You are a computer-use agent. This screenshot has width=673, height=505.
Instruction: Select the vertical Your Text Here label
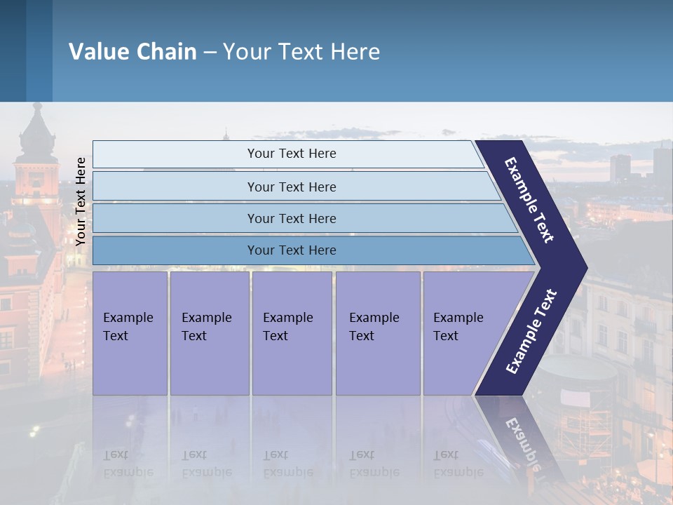(x=81, y=201)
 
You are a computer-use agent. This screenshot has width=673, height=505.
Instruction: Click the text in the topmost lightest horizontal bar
(x=292, y=154)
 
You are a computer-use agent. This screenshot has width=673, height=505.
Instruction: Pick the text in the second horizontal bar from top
(x=292, y=187)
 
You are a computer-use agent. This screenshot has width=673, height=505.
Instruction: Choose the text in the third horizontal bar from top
(x=292, y=219)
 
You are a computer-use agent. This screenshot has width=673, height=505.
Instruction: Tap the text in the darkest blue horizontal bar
(x=292, y=250)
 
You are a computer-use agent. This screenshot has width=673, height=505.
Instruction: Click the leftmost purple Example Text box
(x=130, y=333)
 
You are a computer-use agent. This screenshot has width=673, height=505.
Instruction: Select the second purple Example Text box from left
(x=209, y=333)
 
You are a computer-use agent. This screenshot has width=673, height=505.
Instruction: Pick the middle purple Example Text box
(x=292, y=333)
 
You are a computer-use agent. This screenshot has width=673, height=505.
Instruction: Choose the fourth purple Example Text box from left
(x=378, y=333)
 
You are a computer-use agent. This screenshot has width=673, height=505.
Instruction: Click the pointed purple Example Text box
(x=463, y=333)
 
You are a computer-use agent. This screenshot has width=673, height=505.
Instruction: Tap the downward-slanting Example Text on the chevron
(x=529, y=200)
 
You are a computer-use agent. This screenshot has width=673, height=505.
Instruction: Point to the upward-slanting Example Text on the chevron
(x=531, y=331)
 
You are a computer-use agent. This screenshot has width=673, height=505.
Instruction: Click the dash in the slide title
(x=210, y=53)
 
